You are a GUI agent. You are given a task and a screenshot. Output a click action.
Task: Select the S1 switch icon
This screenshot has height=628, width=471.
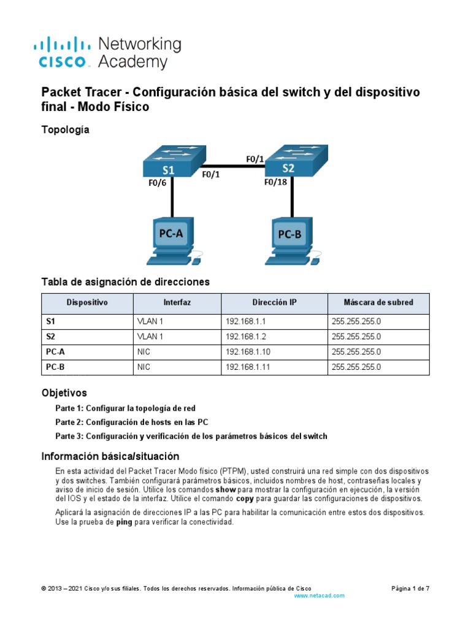click(168, 161)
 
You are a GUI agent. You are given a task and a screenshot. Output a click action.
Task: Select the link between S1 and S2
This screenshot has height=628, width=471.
click(229, 165)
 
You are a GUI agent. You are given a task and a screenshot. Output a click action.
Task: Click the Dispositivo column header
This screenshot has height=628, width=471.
click(87, 302)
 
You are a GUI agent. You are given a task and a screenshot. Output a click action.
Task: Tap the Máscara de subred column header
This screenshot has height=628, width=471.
click(378, 302)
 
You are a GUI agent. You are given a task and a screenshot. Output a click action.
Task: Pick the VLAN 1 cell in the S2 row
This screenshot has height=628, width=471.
click(150, 337)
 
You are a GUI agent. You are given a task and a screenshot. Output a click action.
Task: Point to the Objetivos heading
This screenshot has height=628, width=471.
click(64, 392)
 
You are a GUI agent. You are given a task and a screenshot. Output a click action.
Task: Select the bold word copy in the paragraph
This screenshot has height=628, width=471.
click(245, 499)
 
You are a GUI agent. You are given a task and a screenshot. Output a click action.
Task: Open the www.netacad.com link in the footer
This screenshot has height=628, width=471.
click(320, 595)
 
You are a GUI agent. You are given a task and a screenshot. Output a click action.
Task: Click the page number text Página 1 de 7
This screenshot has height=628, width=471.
click(410, 588)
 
